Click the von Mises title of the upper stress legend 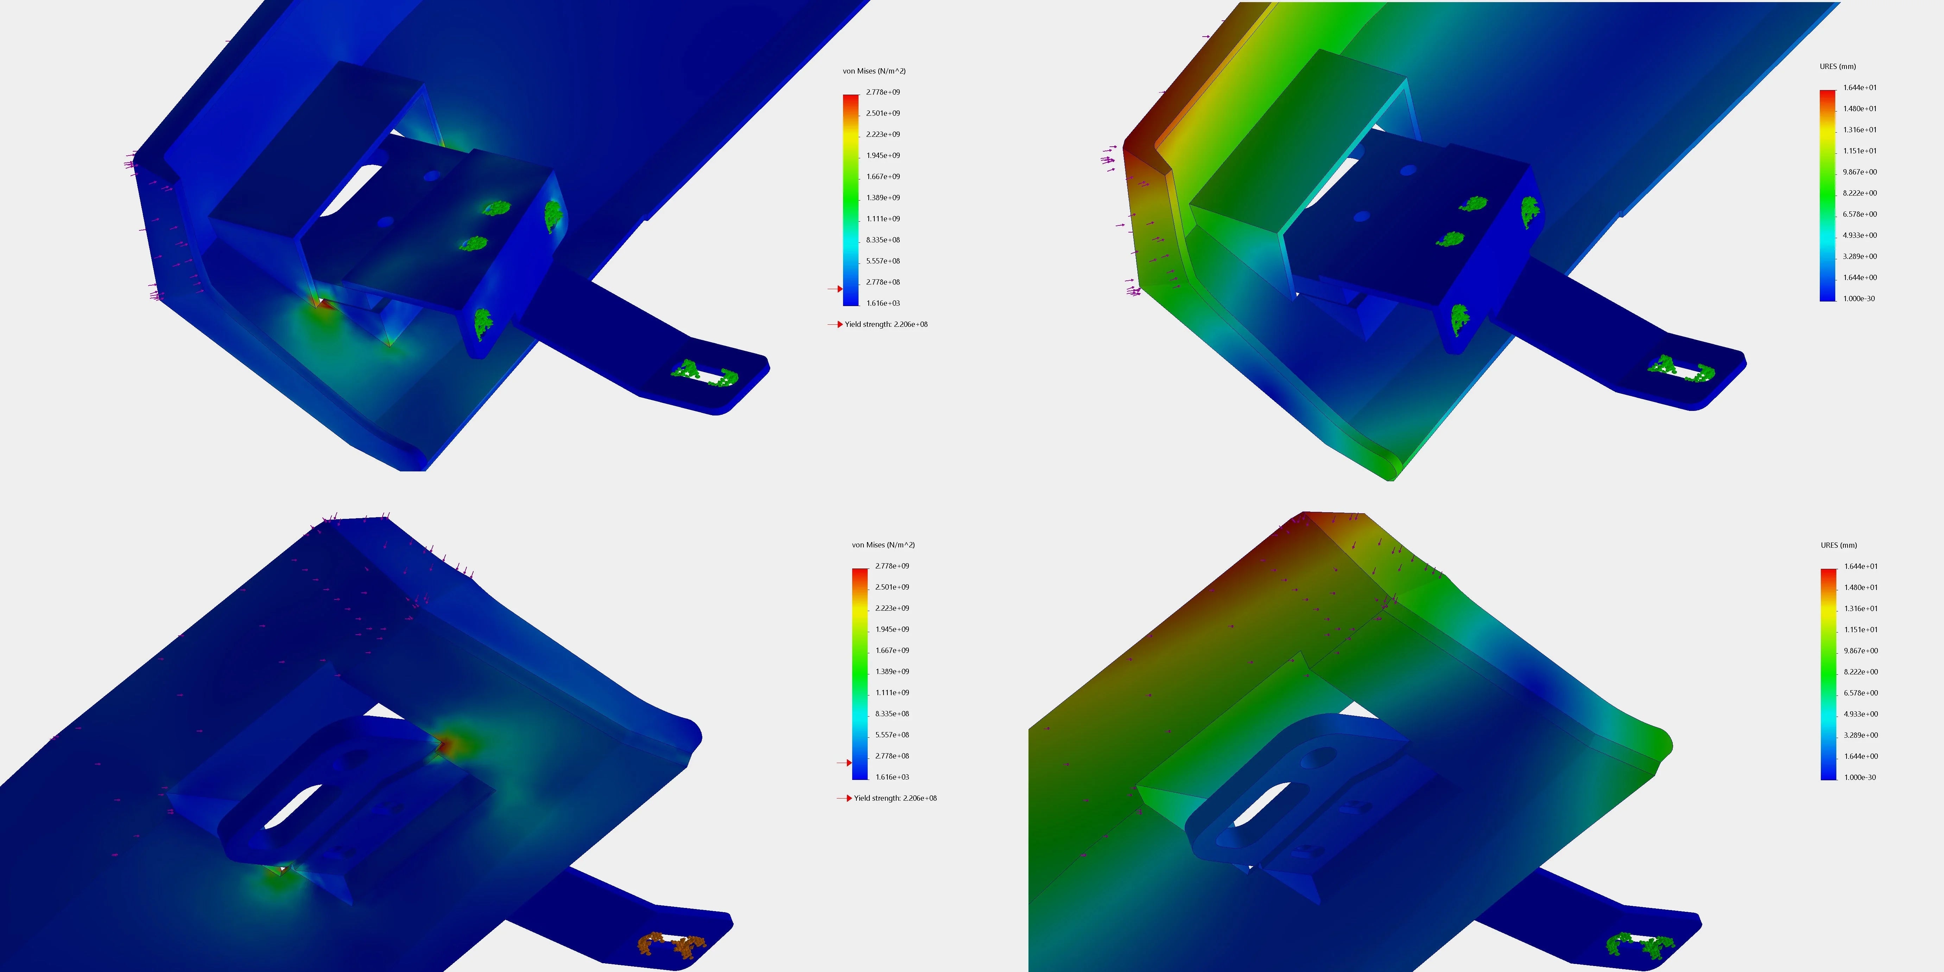874,71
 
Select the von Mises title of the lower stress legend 883,545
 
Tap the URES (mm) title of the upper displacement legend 1838,66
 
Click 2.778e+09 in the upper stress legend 883,92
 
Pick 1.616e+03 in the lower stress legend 892,776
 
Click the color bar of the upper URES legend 1827,195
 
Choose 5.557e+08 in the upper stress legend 883,261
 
